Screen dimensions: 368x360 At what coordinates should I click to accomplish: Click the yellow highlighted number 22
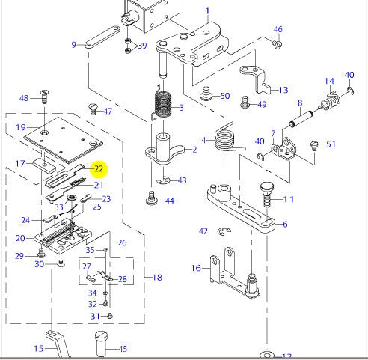(99, 169)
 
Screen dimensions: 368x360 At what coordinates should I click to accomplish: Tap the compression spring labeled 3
(162, 104)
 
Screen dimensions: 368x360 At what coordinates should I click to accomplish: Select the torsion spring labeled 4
(227, 140)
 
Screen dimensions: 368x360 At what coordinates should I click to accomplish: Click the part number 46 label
(278, 29)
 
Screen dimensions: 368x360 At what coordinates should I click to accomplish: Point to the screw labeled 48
(44, 97)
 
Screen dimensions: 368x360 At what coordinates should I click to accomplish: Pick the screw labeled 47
(93, 109)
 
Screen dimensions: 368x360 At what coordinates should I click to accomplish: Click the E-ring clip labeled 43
(164, 180)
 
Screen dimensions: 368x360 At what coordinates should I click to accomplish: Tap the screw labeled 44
(152, 198)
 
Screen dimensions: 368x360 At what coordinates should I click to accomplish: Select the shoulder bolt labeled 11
(267, 195)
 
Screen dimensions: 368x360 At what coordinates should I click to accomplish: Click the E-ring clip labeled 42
(224, 231)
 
